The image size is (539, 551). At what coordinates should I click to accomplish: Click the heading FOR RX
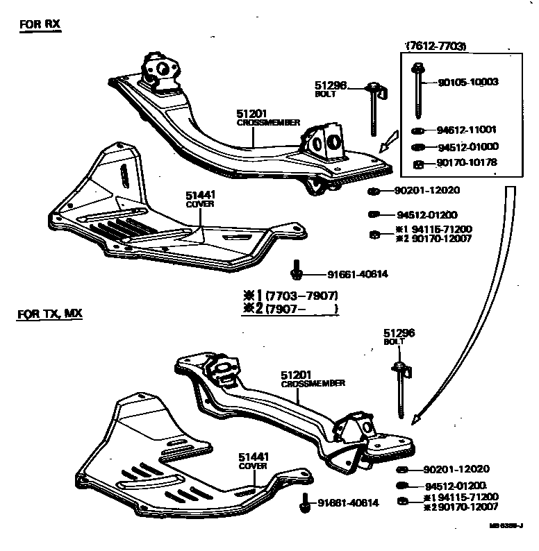coord(40,24)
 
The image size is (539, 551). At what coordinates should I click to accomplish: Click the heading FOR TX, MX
coord(50,314)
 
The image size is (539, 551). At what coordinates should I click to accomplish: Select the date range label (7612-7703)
coord(436,46)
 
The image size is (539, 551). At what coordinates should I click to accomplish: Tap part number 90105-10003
coord(468,82)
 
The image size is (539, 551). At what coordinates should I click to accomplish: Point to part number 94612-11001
coord(467,130)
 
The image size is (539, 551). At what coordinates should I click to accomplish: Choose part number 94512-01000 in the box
coord(467,146)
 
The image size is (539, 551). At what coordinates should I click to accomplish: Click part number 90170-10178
coord(467,163)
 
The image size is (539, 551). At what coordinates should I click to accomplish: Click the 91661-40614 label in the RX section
coord(347,273)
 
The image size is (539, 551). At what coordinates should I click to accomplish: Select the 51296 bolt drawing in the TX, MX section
coord(400,389)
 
